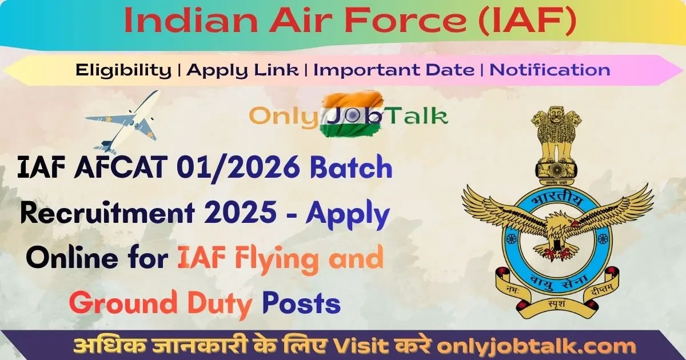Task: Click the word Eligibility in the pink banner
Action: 123,70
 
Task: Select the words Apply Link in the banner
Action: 243,70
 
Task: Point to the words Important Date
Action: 394,70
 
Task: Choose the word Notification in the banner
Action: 551,70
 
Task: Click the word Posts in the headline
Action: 301,303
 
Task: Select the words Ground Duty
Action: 161,303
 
